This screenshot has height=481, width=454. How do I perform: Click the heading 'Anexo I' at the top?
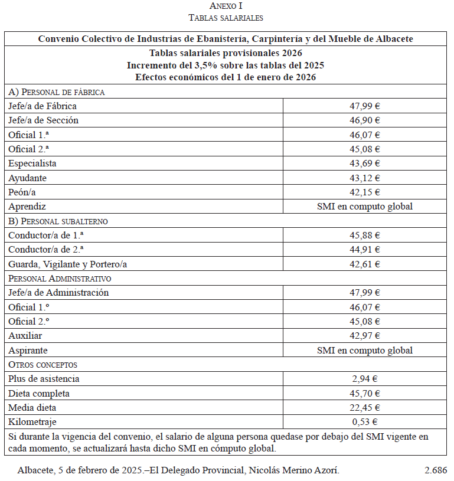[226, 6]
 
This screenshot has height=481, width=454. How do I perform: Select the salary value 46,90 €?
[365, 120]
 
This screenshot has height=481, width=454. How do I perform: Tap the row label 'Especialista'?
[32, 163]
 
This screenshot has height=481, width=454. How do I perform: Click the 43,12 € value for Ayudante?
[365, 178]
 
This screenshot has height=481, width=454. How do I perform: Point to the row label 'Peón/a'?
[22, 192]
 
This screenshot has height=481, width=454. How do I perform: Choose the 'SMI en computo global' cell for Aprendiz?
[365, 207]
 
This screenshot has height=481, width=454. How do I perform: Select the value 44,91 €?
[365, 250]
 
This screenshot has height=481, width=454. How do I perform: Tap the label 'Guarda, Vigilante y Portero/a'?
[68, 264]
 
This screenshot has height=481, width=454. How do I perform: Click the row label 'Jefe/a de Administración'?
[58, 293]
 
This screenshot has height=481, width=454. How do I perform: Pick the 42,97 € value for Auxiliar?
[365, 336]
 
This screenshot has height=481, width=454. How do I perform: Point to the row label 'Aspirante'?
[28, 351]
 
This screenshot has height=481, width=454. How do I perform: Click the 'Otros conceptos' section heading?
[43, 365]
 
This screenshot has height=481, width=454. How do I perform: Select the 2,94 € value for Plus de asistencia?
[365, 379]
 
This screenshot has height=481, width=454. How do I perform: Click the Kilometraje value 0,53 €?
[365, 422]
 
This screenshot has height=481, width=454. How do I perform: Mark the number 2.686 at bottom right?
[435, 470]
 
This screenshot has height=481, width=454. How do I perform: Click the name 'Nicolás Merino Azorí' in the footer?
[294, 470]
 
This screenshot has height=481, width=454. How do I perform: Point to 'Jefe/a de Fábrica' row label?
[43, 106]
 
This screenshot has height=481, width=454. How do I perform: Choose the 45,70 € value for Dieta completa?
[365, 394]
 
